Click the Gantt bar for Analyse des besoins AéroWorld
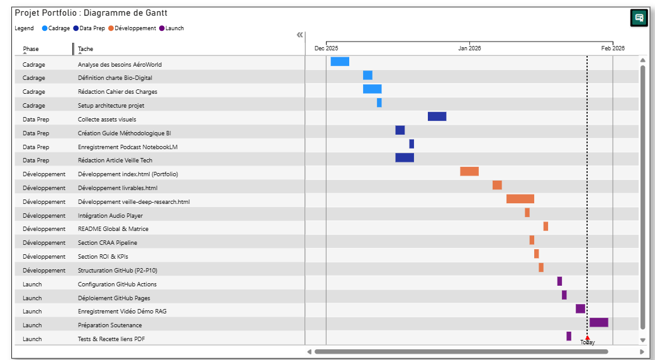coord(340,61)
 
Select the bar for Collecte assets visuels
coord(437,116)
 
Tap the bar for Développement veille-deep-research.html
coord(520,199)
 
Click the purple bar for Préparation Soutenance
coord(598,322)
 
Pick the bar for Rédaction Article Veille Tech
coord(405,157)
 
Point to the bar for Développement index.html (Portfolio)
coord(469,171)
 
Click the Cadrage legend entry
coord(56,28)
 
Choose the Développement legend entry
coord(132,28)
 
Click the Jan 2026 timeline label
coord(469,48)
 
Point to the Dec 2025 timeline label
coord(326,48)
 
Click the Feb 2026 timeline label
coord(612,48)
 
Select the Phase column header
coord(31,49)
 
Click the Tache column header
coord(86,49)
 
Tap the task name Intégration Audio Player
coord(110,215)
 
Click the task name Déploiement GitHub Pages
coord(114,298)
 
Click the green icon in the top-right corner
coord(639,18)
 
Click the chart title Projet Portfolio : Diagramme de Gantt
coord(91,13)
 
